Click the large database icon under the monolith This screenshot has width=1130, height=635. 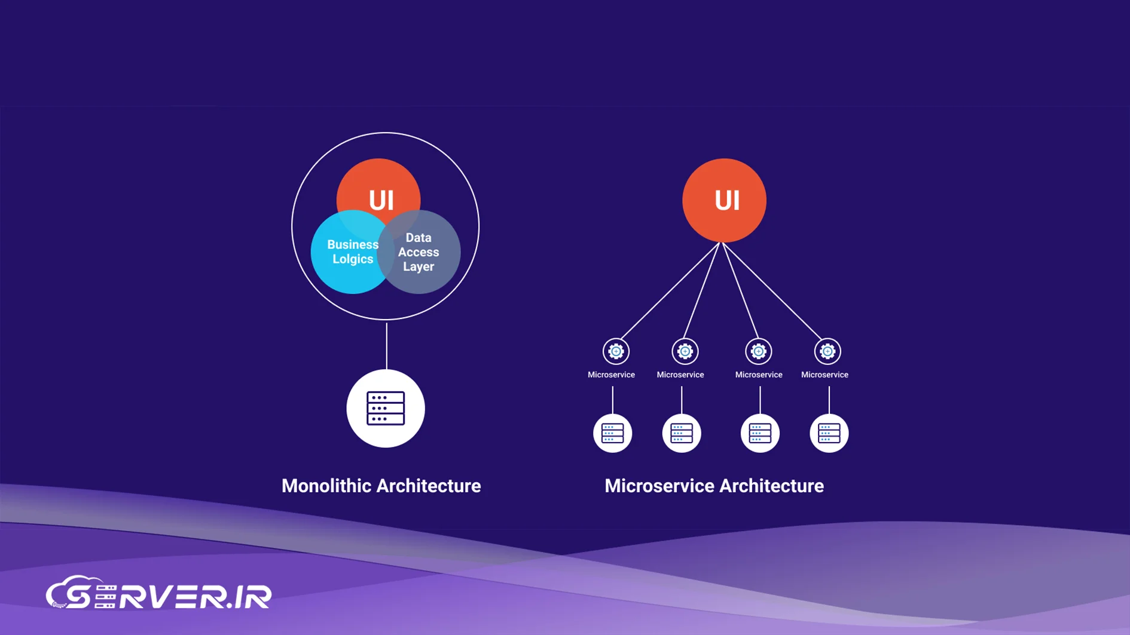(x=386, y=409)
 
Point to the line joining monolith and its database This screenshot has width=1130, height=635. (x=386, y=345)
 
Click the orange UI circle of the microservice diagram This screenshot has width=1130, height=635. (x=724, y=200)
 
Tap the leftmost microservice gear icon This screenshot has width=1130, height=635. (x=616, y=351)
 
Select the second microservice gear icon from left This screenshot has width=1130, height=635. (x=685, y=351)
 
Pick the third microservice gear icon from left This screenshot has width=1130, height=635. (x=758, y=351)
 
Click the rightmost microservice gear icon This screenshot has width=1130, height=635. (x=827, y=351)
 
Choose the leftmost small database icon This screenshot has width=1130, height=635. (x=612, y=433)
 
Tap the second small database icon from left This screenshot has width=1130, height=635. (x=682, y=433)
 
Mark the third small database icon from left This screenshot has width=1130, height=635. (x=760, y=433)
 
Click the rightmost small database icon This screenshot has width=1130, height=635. (x=829, y=433)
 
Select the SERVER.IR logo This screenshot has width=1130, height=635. (x=159, y=594)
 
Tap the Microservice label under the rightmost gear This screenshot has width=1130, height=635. (x=824, y=375)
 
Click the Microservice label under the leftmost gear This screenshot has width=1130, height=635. (x=611, y=375)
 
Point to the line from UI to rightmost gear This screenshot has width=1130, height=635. (x=772, y=291)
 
